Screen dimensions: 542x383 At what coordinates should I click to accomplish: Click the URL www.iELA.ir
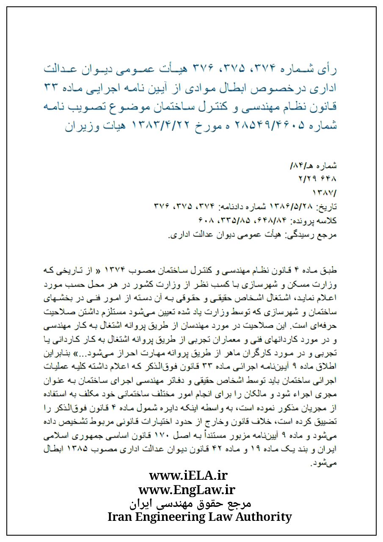click(x=188, y=476)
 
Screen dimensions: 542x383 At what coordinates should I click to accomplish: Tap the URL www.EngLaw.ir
click(x=187, y=490)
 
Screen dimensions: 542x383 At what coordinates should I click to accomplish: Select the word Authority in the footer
click(x=263, y=517)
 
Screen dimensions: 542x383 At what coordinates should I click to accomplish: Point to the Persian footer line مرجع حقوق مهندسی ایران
click(x=190, y=503)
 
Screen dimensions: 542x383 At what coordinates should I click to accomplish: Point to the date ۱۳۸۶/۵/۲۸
click(x=294, y=206)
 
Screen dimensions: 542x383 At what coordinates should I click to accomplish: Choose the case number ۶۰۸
click(x=207, y=220)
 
